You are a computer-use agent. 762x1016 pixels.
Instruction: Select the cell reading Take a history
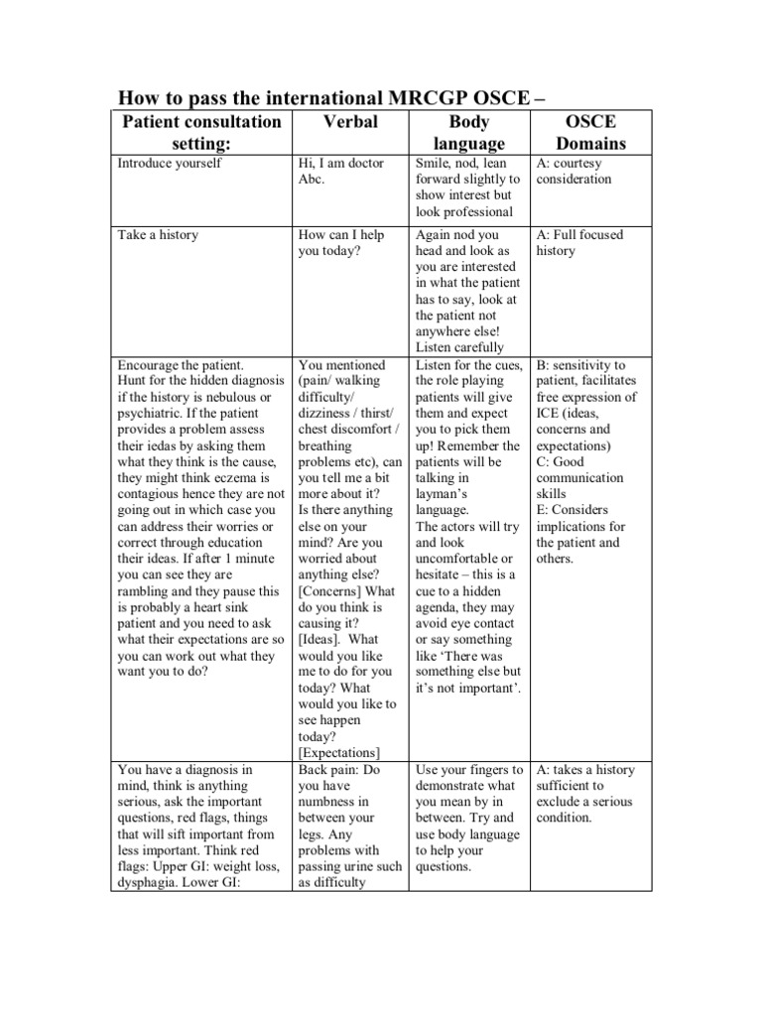pos(158,235)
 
